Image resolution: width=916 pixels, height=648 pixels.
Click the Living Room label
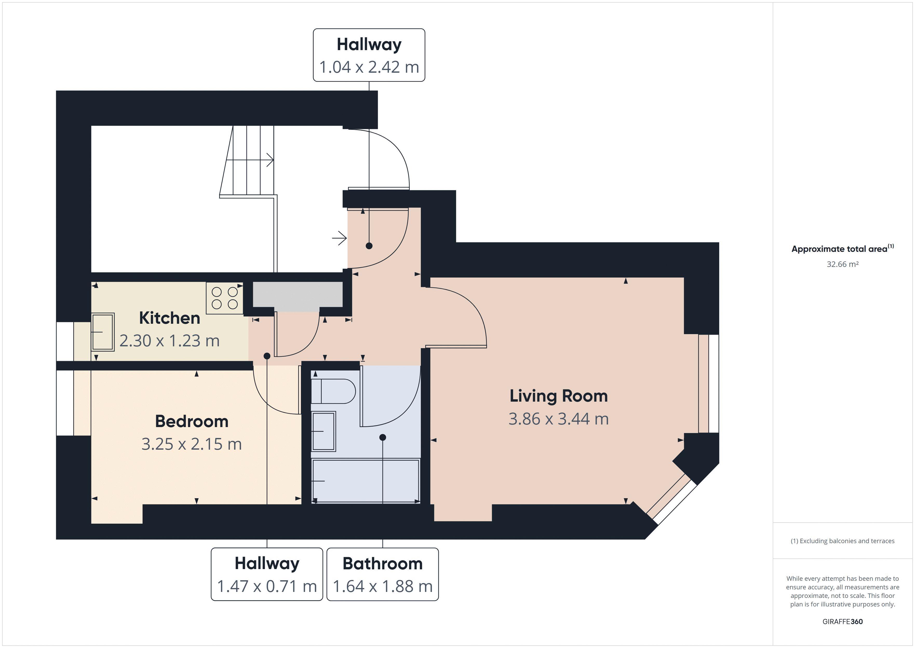tap(558, 396)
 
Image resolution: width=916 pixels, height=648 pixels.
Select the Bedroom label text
tap(192, 421)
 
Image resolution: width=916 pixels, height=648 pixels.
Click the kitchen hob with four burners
tap(225, 298)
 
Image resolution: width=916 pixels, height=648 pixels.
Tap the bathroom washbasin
tap(323, 431)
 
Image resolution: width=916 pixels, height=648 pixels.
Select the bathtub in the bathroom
tap(366, 481)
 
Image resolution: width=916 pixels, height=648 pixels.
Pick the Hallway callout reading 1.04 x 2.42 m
tap(369, 56)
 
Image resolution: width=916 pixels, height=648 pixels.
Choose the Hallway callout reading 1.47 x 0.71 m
tap(267, 574)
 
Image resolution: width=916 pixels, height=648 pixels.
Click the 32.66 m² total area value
tap(843, 264)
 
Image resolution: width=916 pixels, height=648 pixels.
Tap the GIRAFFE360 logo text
tap(843, 621)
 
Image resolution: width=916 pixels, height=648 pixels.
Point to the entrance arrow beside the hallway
tap(340, 238)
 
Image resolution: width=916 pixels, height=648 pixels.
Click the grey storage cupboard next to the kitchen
tap(298, 294)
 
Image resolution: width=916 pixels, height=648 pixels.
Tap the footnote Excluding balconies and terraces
tap(843, 541)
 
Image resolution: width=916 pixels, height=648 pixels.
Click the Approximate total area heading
tap(843, 249)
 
